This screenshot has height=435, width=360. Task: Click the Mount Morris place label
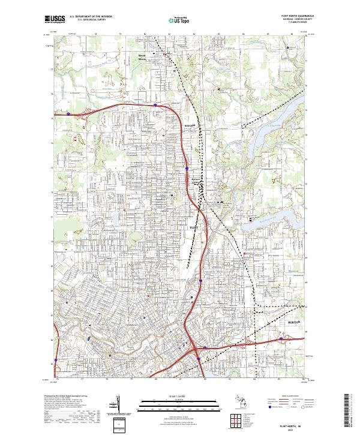pyautogui.click(x=142, y=58)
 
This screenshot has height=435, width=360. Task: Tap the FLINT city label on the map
pyautogui.click(x=193, y=229)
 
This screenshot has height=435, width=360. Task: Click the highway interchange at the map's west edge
pyautogui.click(x=70, y=112)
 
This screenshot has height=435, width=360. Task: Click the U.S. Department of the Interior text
pyautogui.click(x=91, y=17)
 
